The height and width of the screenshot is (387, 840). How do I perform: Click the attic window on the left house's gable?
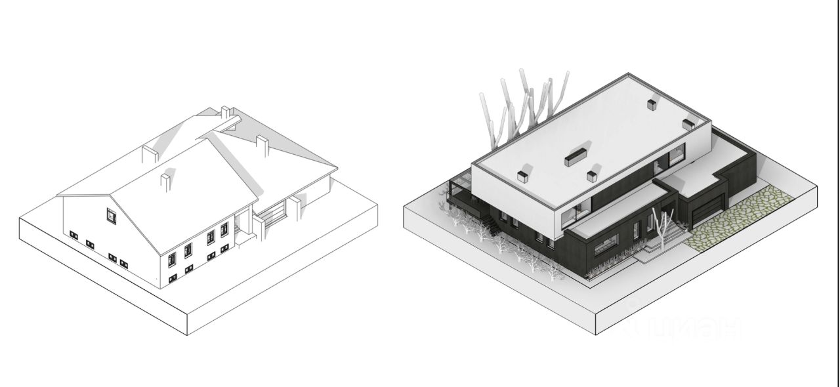point(111,215)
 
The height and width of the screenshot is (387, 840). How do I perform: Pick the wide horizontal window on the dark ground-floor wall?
point(605,245)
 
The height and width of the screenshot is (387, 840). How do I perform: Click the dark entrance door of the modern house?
point(636,230)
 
